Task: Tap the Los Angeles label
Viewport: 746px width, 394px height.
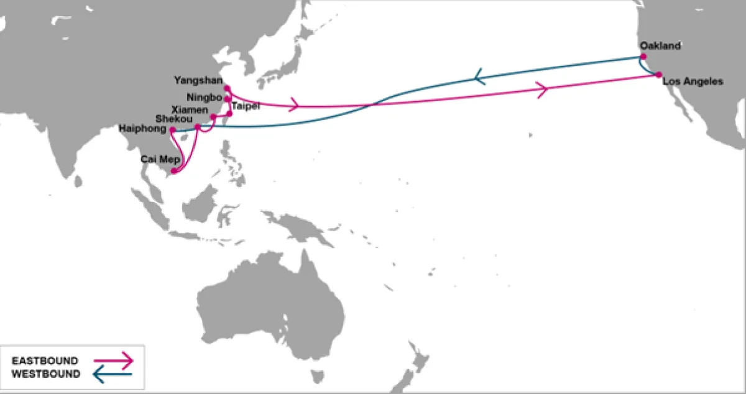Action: point(693,81)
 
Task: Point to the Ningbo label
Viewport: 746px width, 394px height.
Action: point(205,98)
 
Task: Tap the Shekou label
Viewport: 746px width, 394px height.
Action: point(174,118)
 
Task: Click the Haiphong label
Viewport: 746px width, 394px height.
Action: point(144,129)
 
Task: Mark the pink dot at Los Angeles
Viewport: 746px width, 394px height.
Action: point(658,75)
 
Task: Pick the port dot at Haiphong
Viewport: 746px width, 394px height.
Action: point(172,130)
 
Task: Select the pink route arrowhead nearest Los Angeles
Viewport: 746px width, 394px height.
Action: point(542,89)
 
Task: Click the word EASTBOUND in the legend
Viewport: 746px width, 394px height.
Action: point(45,361)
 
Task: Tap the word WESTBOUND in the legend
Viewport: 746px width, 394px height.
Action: point(46,373)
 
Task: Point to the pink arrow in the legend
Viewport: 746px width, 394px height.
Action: point(113,360)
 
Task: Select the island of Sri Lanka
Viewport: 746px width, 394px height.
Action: point(78,181)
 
